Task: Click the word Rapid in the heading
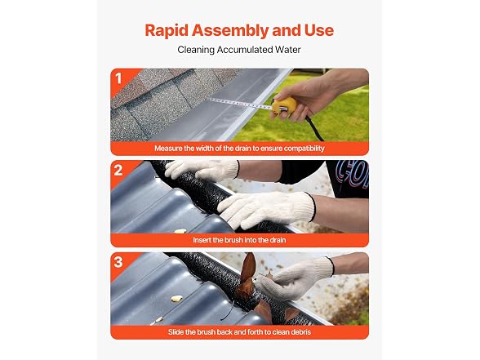pyautogui.click(x=167, y=31)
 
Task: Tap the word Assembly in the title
pyautogui.click(x=230, y=31)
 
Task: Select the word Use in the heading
pyautogui.click(x=318, y=30)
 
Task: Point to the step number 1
pyautogui.click(x=118, y=78)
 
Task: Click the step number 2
pyautogui.click(x=118, y=170)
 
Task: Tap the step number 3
pyautogui.click(x=118, y=262)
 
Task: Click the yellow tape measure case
pyautogui.click(x=284, y=107)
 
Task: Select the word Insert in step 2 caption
pyautogui.click(x=202, y=240)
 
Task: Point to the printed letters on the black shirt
pyautogui.click(x=352, y=175)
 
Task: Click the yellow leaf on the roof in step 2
pyautogui.click(x=180, y=232)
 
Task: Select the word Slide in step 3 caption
pyautogui.click(x=176, y=332)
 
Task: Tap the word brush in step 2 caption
pyautogui.click(x=233, y=240)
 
